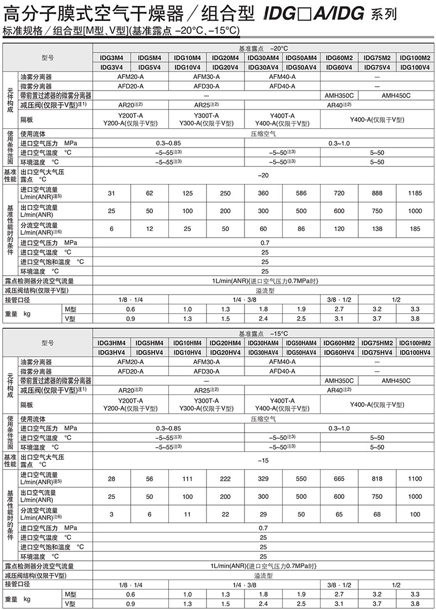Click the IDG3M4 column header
pos(111,57)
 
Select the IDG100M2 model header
pos(415,57)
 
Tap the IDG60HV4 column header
pos(339,353)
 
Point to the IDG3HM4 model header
pos(111,343)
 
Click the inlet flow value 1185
pos(415,193)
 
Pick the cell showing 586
pos(301,193)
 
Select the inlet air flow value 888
pos(377,193)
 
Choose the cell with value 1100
pos(415,478)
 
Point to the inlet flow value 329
pos(263,478)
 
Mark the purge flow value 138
pos(377,228)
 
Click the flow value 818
pos(377,478)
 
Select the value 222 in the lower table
pos(225,478)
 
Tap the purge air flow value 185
pos(415,228)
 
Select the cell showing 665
pos(339,478)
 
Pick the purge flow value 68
pos(377,514)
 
